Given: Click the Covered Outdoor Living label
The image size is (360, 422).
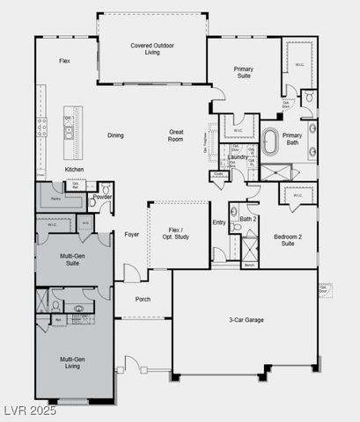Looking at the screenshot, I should (x=151, y=48).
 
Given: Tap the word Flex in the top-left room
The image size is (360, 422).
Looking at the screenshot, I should (x=64, y=61).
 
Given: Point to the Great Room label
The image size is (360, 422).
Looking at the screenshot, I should (x=176, y=135).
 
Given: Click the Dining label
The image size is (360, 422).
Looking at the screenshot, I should (x=115, y=135).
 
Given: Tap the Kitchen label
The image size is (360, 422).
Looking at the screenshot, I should (x=75, y=170).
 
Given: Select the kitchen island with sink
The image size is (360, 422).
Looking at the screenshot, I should (x=69, y=128).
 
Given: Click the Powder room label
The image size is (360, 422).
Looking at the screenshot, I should (x=102, y=197).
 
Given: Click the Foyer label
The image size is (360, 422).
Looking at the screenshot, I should (x=131, y=235).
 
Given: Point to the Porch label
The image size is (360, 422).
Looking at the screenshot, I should (x=143, y=299).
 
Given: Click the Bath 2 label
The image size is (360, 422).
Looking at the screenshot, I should (x=248, y=218).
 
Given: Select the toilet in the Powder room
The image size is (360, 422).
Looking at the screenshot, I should (x=106, y=188).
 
